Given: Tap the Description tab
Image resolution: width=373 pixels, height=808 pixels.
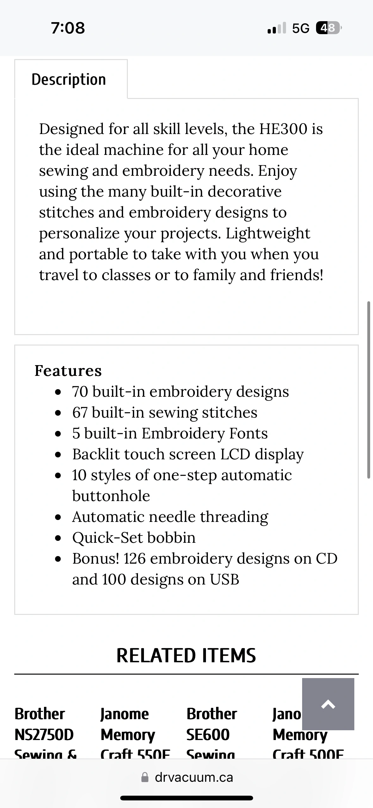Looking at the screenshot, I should [x=69, y=79].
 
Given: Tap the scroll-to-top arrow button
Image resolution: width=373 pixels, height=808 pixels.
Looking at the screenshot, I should [x=328, y=704].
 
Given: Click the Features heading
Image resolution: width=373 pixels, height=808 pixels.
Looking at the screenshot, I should [x=68, y=370].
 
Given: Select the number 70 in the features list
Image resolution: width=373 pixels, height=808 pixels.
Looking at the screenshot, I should [x=80, y=392].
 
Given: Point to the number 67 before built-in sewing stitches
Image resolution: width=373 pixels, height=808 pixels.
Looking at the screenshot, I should [x=80, y=413].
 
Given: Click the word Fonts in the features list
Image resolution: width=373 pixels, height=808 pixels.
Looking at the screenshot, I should [x=248, y=433].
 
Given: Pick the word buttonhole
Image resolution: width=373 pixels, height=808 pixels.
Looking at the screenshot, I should [x=111, y=496].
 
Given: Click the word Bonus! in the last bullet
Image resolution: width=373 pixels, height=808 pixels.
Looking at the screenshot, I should [x=96, y=559].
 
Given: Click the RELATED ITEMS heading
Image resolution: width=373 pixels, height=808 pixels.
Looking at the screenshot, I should [x=186, y=655].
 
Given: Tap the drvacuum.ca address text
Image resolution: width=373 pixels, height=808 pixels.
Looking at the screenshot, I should [x=194, y=777].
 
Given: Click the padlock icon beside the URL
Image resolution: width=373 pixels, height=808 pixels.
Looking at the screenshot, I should [x=145, y=777].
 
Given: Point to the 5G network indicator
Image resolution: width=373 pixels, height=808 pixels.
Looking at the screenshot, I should [x=301, y=28].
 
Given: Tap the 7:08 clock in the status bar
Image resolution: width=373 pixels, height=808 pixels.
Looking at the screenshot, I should [x=68, y=28].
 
